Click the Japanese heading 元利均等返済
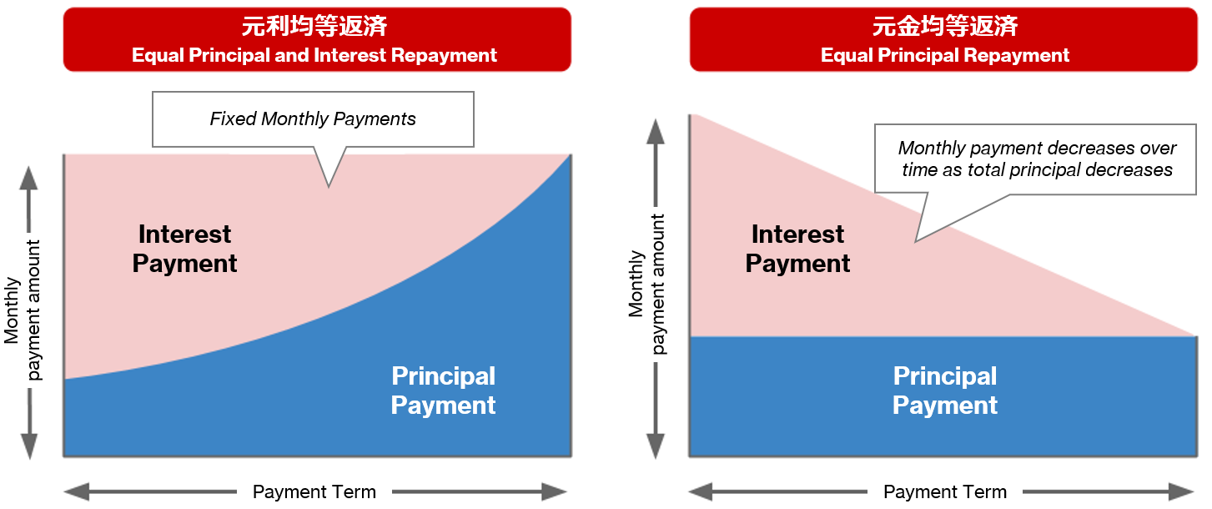pos(314,27)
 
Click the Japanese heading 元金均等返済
pos(945,27)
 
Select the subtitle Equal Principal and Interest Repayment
pos(314,56)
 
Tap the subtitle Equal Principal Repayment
pos(945,56)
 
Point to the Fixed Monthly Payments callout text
pos(313,118)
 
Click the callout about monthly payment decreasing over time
pos(1037,159)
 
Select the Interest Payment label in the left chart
pos(184,249)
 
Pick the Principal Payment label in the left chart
pos(443,391)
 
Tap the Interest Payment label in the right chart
pos(797,249)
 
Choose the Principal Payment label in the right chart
pos(945,391)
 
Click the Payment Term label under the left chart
pos(314,491)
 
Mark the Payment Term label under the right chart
pos(945,491)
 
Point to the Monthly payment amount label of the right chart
pos(647,285)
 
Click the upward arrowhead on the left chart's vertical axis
pos(30,178)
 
